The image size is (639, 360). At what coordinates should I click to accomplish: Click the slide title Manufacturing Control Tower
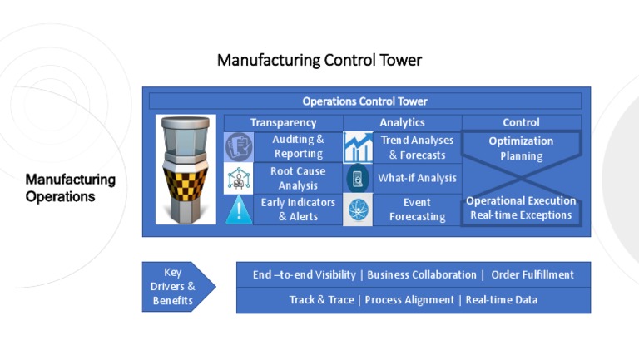click(x=319, y=60)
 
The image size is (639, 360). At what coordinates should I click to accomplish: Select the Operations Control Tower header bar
click(x=364, y=101)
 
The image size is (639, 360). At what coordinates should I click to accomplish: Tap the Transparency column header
click(x=283, y=122)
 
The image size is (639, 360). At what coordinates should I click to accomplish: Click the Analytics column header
click(x=402, y=122)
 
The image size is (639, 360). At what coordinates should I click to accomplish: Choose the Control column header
click(x=521, y=122)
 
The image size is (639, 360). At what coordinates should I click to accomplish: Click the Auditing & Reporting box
click(x=298, y=146)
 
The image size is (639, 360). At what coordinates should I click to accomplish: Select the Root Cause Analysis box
click(x=298, y=178)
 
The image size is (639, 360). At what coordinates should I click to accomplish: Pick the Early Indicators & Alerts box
click(x=298, y=210)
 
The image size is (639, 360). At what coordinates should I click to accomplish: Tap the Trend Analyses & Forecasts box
click(x=417, y=147)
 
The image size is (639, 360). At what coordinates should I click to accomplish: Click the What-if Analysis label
click(x=417, y=178)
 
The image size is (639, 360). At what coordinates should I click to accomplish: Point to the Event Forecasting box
click(x=417, y=210)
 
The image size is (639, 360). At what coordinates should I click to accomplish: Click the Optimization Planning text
click(x=521, y=148)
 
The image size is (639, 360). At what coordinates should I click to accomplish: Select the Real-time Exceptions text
click(x=521, y=215)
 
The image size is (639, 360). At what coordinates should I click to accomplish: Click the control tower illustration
click(x=186, y=170)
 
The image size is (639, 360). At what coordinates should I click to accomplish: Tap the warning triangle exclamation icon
click(x=239, y=210)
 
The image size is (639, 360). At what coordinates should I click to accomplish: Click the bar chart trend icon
click(x=358, y=147)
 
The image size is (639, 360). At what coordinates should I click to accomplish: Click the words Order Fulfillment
click(x=532, y=275)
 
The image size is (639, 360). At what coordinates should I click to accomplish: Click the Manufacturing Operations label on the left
click(x=70, y=188)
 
